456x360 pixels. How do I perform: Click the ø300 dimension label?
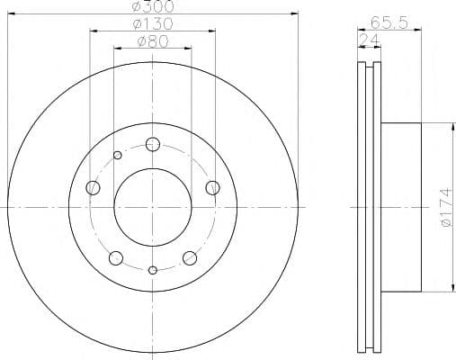[x=153, y=6]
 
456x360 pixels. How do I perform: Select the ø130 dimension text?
[x=153, y=23]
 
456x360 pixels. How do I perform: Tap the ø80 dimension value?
[x=153, y=41]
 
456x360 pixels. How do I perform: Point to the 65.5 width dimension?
[x=389, y=22]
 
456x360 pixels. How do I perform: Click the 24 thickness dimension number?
[x=370, y=40]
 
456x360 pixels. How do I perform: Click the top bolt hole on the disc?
[x=153, y=145]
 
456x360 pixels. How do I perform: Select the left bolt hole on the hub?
[x=93, y=188]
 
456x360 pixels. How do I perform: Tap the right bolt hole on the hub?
[x=213, y=188]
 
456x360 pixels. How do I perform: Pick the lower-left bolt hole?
[x=116, y=258]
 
